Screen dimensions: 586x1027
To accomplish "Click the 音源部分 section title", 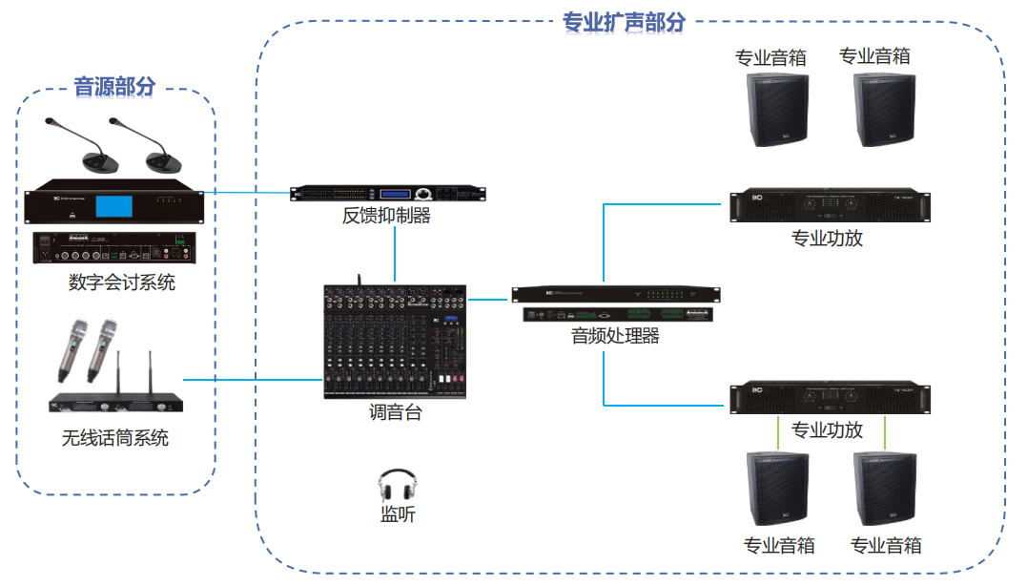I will coord(114,88).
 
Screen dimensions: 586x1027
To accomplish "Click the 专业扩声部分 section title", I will coord(624,22).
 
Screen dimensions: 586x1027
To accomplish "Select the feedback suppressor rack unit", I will coord(387,194).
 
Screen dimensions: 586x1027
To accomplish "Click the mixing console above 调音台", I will coord(394,342).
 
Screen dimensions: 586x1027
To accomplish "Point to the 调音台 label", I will coord(395,413).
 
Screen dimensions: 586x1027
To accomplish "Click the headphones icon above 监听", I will coord(397,484).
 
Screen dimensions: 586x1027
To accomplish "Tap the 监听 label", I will coord(398,514).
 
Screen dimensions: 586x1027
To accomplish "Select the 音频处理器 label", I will coord(615,336).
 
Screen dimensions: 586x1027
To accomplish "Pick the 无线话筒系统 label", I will coord(115,438).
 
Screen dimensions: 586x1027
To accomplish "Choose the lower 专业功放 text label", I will coord(827,429).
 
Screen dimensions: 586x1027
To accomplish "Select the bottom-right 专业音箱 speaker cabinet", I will coord(884,487).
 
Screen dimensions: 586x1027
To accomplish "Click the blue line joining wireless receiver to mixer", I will coord(252,380).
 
